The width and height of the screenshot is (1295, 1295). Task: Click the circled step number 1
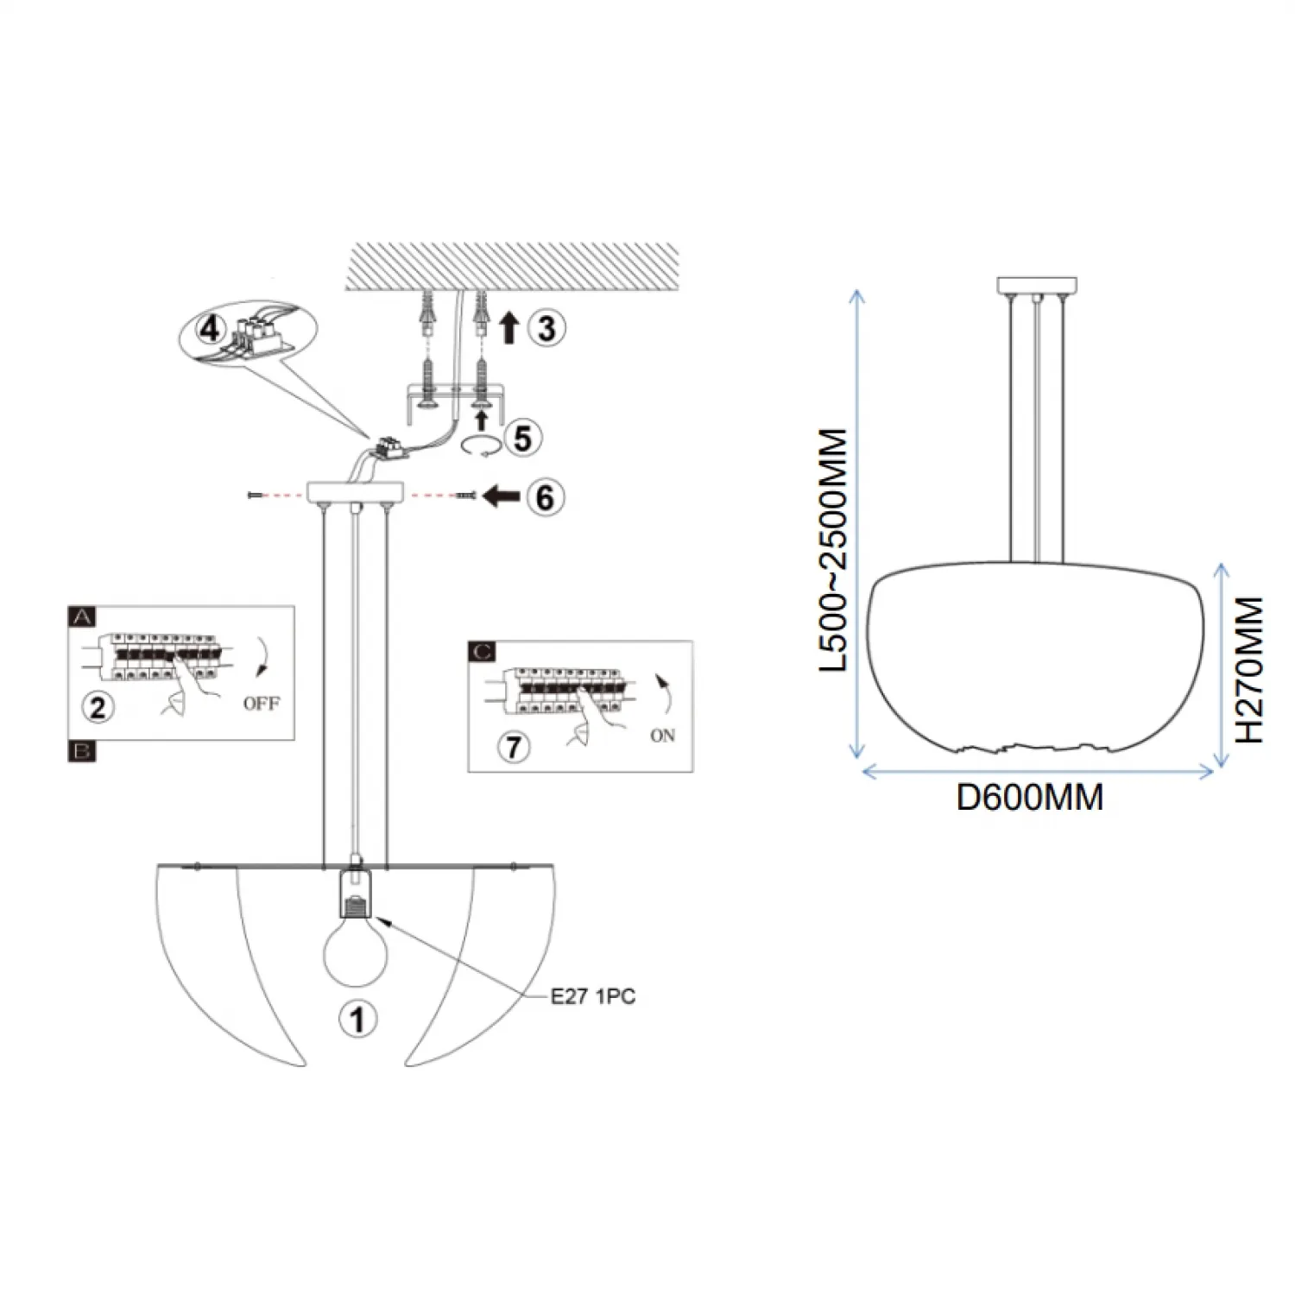357,1020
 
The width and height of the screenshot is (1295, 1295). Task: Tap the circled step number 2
98,707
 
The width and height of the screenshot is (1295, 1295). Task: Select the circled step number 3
546,328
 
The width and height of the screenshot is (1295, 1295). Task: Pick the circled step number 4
211,329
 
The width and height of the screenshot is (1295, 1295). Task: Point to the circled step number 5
522,438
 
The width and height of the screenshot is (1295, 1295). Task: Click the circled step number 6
545,497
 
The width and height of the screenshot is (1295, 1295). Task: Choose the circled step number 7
514,746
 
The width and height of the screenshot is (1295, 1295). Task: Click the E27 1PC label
593,996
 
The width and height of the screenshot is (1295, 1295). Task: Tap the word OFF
261,704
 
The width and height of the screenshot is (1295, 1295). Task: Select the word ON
662,736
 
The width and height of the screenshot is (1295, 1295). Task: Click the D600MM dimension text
1029,797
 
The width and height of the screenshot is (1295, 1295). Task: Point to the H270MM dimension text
1248,670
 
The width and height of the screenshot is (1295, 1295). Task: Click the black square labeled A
82,616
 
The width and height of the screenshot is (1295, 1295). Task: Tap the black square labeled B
82,751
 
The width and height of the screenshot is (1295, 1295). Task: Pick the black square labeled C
482,651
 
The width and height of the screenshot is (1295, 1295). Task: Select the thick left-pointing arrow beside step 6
502,496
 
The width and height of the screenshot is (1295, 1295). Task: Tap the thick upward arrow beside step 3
509,328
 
